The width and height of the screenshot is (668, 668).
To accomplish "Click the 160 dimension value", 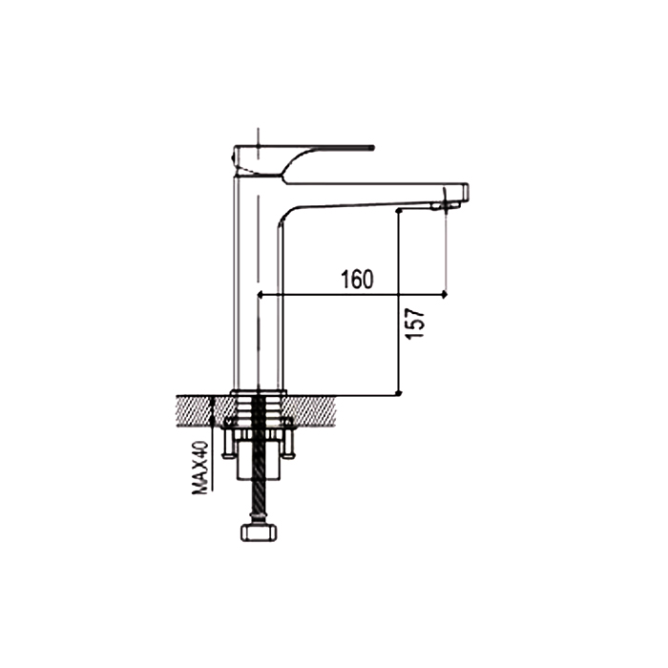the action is point(357,279).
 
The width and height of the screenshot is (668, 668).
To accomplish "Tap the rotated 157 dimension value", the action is point(415,324).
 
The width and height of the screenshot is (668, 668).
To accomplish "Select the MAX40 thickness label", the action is point(200,468).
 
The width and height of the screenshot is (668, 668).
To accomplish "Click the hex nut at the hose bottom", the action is point(259,532).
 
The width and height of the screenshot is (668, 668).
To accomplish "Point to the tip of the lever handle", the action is point(373,148).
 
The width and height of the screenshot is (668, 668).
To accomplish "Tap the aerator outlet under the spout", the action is point(446,206).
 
